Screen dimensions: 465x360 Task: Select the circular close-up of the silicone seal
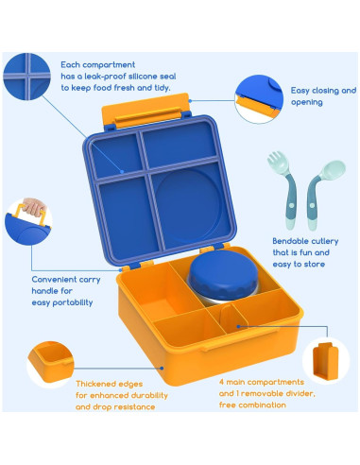coord(27,77)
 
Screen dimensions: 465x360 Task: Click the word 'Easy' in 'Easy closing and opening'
coord(300,90)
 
